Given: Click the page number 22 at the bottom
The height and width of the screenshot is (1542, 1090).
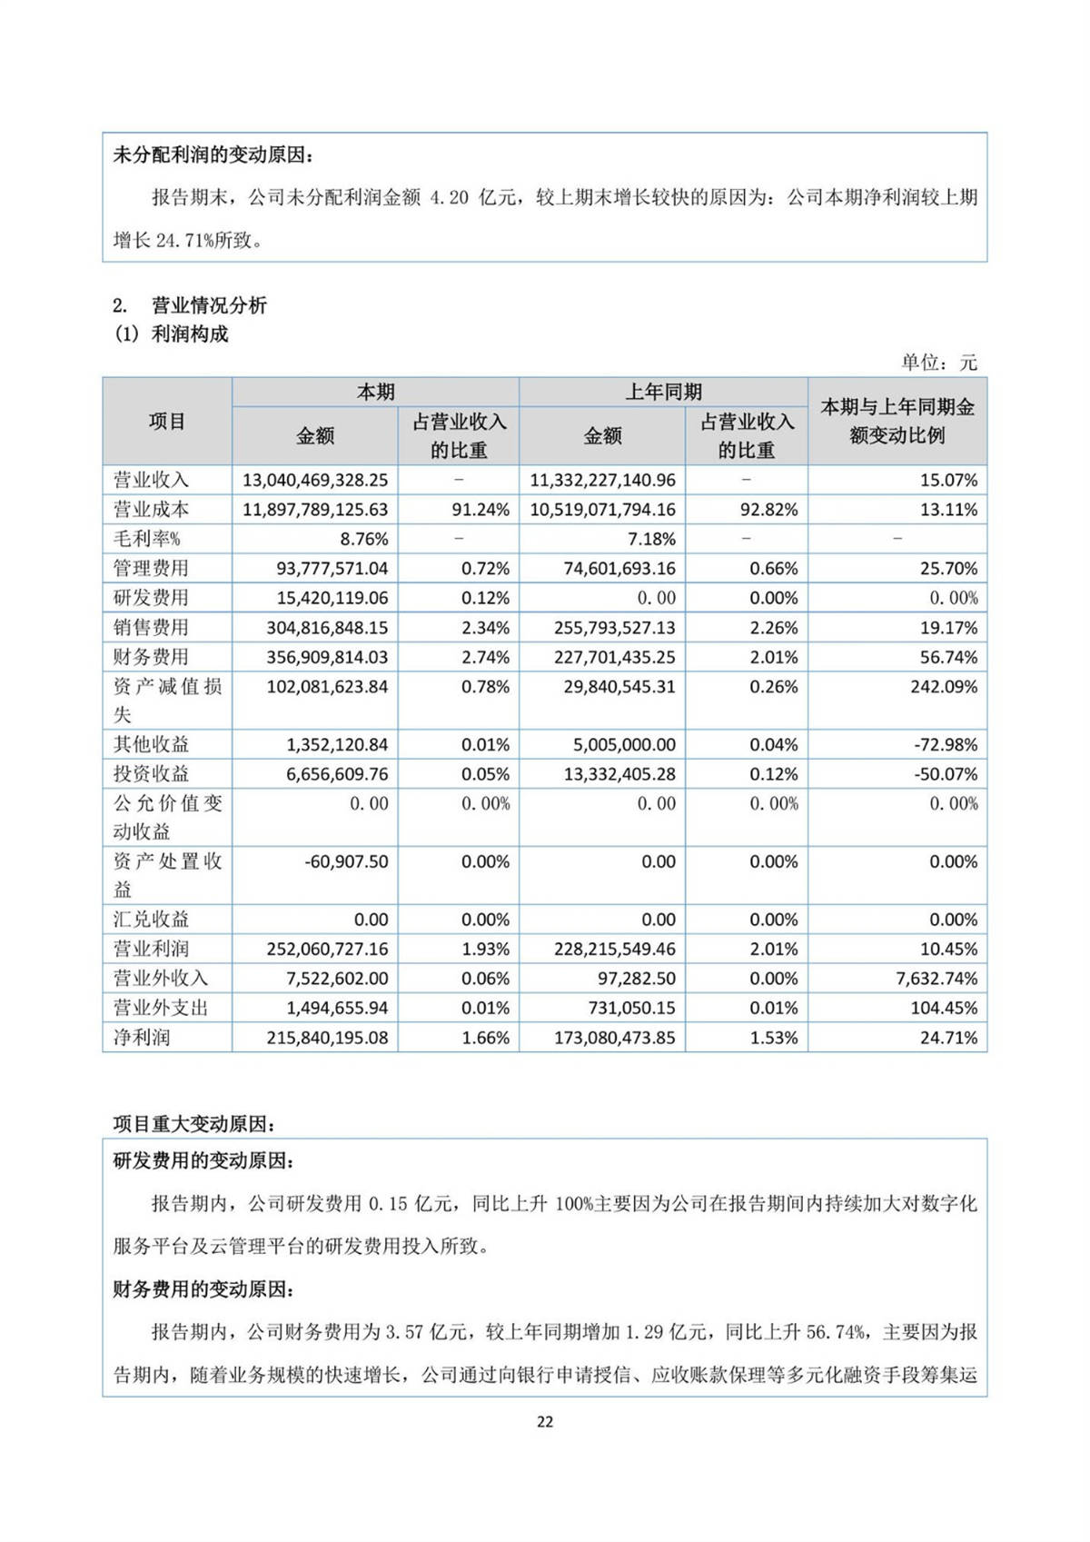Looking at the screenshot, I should coord(545,1422).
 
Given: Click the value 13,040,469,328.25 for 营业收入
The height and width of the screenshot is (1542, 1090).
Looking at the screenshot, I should coord(315,480).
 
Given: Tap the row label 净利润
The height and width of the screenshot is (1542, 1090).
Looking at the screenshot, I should coord(142,1037).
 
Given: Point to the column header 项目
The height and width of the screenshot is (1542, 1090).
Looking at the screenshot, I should coord(167,422).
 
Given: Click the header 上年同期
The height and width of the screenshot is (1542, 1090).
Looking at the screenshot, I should coord(663,393).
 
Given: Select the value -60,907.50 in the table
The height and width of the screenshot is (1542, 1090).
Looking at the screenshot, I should coord(346,861).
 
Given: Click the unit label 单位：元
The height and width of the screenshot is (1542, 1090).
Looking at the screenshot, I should coord(939,363).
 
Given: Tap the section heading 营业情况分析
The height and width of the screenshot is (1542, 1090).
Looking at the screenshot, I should coord(209,305).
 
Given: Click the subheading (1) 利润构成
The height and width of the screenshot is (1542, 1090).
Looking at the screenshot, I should coord(171,334).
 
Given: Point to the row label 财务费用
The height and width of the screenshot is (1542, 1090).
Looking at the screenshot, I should coord(151,657).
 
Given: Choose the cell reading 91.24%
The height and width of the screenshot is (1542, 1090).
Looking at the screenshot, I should coord(481,510).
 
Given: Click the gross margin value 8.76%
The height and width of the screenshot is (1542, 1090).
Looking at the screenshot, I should coord(363,539).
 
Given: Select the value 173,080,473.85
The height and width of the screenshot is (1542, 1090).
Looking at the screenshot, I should coord(615,1037).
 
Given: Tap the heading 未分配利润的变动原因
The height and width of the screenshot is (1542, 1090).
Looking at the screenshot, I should coord(213,155).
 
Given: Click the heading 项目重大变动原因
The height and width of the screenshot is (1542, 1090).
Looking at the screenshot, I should coord(194,1124).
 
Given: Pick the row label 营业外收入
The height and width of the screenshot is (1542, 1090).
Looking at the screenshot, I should coord(161,979).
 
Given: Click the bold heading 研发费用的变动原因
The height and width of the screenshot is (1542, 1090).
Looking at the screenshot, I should coord(203,1161).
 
